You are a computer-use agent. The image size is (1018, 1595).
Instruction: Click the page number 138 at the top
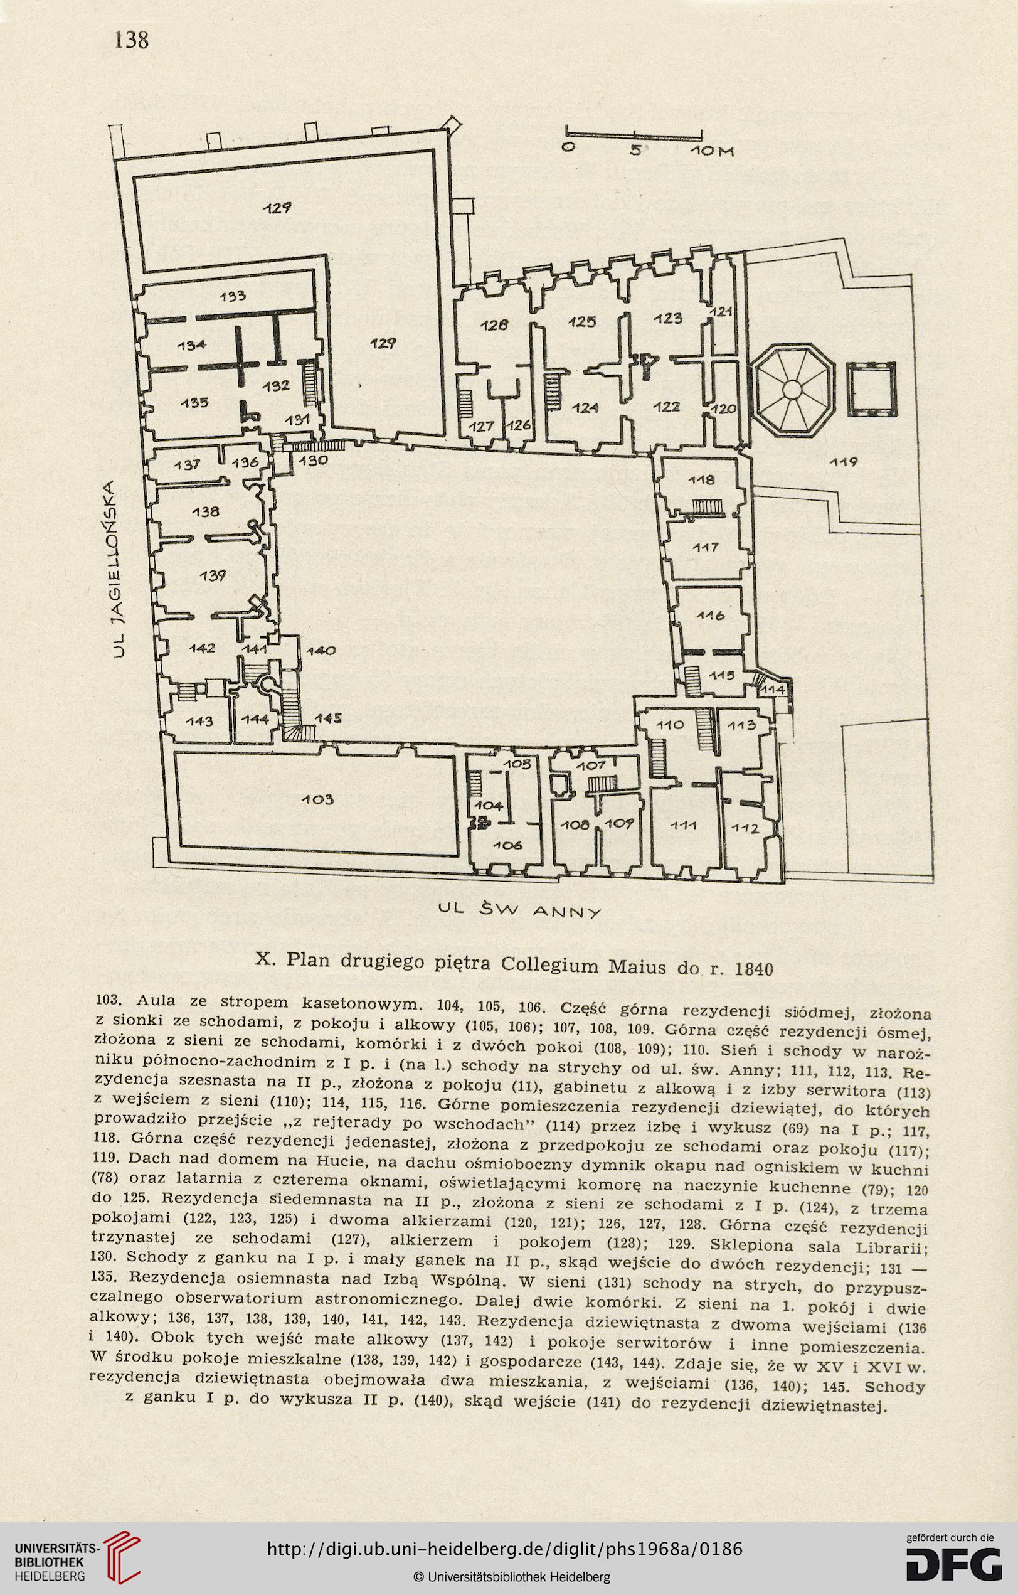[131, 40]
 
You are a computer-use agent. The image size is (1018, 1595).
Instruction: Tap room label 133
[233, 297]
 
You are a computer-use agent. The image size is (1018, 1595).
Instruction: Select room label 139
[213, 575]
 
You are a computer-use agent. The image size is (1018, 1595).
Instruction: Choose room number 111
[683, 825]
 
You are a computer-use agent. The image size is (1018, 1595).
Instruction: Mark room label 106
[507, 845]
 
